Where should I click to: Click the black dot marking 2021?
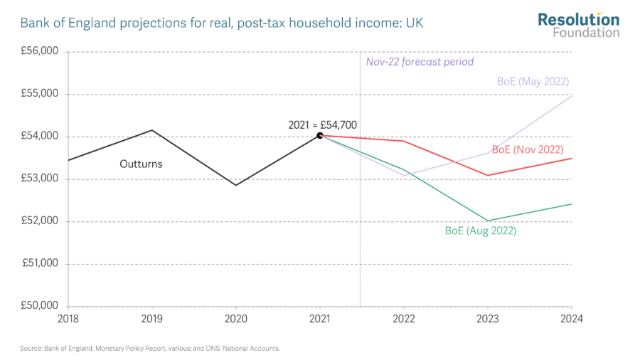coord(320,134)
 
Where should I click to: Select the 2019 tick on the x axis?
coord(152,319)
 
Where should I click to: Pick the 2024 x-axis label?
coord(571,319)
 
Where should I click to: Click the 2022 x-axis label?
coord(404,319)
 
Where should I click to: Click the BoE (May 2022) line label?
coord(533,81)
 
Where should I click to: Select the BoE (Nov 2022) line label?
coord(528,149)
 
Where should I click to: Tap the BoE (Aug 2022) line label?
coord(481,231)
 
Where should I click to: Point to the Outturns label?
coord(141,164)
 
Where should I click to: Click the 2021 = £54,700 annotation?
coord(322,125)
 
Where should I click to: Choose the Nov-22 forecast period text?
coord(420,62)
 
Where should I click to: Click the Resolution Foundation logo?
coord(578,25)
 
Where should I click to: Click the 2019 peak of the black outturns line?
coord(152,130)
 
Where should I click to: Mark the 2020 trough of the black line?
coord(236,185)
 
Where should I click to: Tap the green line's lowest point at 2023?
coord(488,221)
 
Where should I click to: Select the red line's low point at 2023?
coord(488,175)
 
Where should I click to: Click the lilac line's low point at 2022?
coord(404,175)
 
